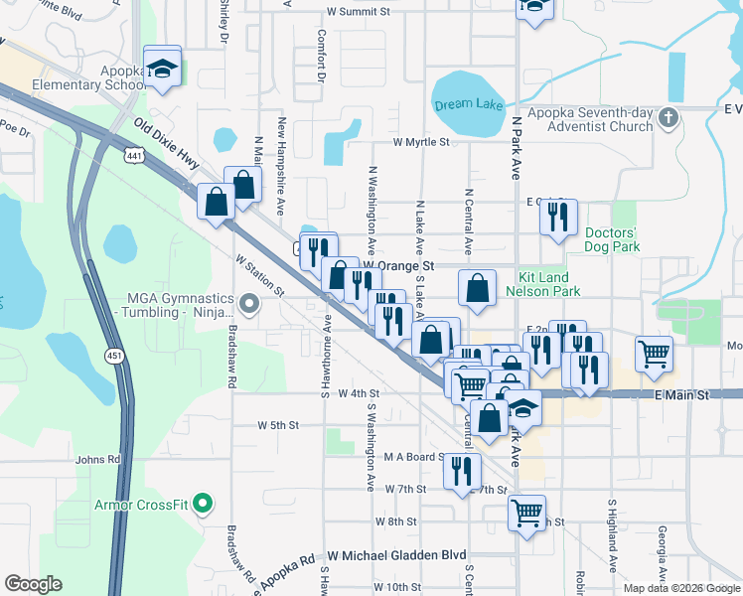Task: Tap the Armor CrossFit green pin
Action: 203,504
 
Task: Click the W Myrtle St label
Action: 421,142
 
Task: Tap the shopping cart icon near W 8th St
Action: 526,513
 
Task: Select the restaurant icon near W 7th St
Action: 462,471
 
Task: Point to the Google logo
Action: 34,584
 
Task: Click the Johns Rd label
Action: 97,460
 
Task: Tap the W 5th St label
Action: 278,425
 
